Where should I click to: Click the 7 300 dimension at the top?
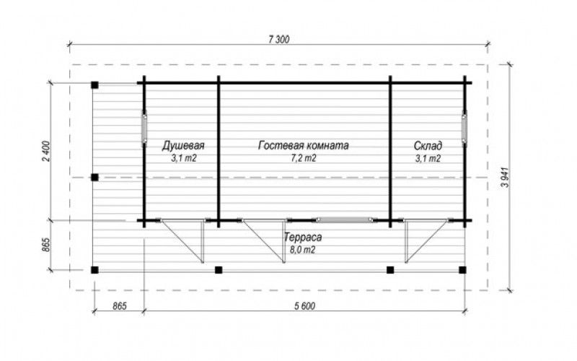pos(279,40)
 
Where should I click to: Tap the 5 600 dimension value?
pos(304,306)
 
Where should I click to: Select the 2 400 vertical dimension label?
pos(46,151)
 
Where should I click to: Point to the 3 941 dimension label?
pos(506,177)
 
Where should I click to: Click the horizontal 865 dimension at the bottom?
pos(120,306)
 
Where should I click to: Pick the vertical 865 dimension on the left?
pos(46,245)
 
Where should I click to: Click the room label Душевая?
pos(183,146)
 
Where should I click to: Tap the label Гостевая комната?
pos(303,146)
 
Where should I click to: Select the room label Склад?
pos(428,146)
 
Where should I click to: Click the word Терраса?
pos(303,238)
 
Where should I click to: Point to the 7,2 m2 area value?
pos(304,158)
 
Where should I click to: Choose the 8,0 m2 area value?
pos(303,250)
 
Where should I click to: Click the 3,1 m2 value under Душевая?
pos(183,158)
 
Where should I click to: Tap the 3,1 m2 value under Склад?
pos(428,158)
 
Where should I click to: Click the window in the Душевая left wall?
pos(144,127)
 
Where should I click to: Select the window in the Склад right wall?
pos(464,127)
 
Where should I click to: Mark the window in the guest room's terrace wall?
pos(345,220)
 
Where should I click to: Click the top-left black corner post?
pos(95,85)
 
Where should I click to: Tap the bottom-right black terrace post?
pos(462,270)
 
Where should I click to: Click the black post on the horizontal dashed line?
pos(95,178)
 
